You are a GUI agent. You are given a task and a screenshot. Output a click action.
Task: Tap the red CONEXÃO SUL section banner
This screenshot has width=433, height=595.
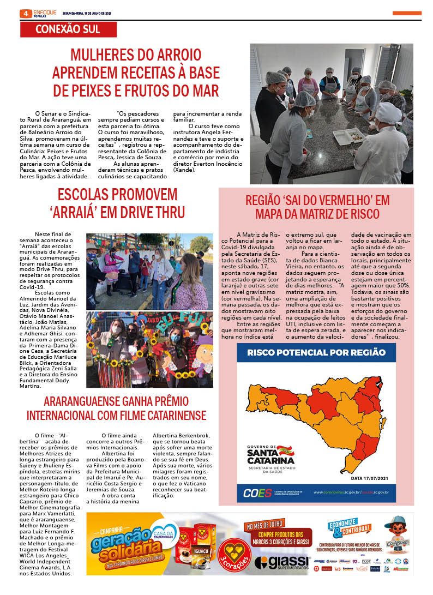click(75, 29)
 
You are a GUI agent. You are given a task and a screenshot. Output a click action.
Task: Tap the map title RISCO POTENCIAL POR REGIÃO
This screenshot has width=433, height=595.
click(316, 352)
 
